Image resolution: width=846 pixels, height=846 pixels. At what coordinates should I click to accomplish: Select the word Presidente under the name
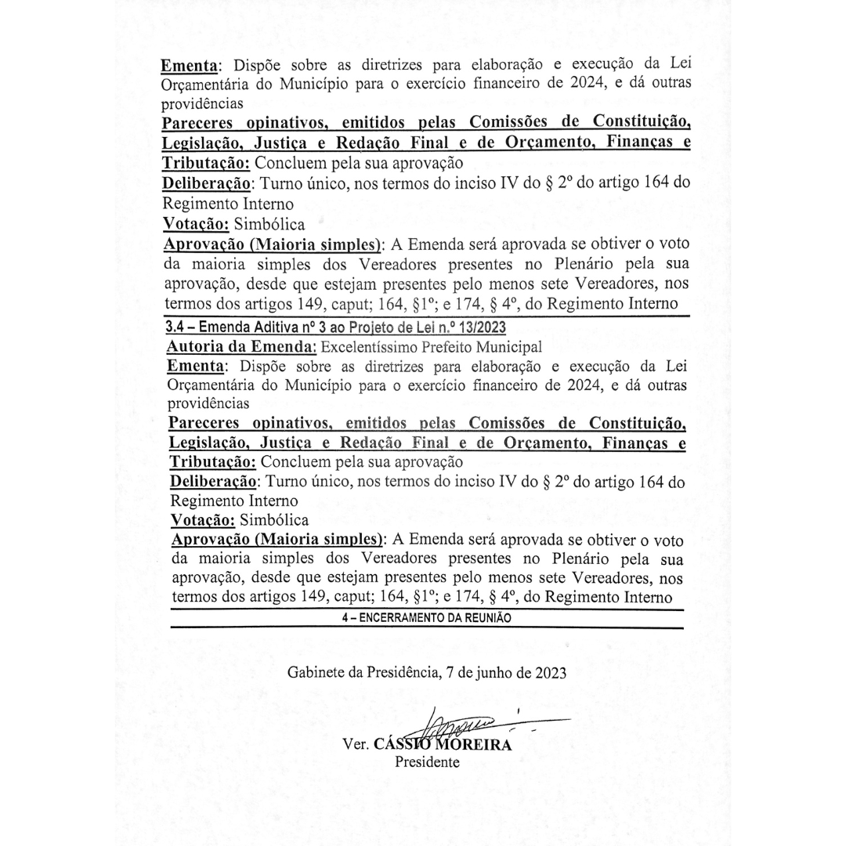[x=427, y=762]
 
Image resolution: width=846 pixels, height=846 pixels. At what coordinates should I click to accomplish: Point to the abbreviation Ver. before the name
[x=357, y=745]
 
